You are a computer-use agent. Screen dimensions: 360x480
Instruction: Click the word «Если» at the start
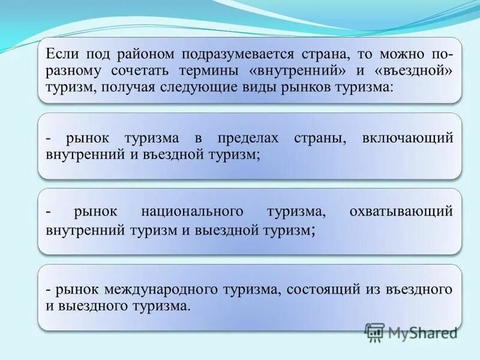[x=60, y=54]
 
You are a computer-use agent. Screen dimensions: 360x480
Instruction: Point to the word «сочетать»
[x=140, y=71]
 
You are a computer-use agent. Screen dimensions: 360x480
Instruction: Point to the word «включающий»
[x=407, y=138]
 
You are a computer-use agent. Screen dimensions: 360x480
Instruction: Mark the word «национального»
[x=192, y=212]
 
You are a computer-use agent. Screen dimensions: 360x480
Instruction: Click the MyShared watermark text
[x=422, y=332]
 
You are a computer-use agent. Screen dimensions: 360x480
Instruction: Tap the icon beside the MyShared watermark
[x=374, y=332]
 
